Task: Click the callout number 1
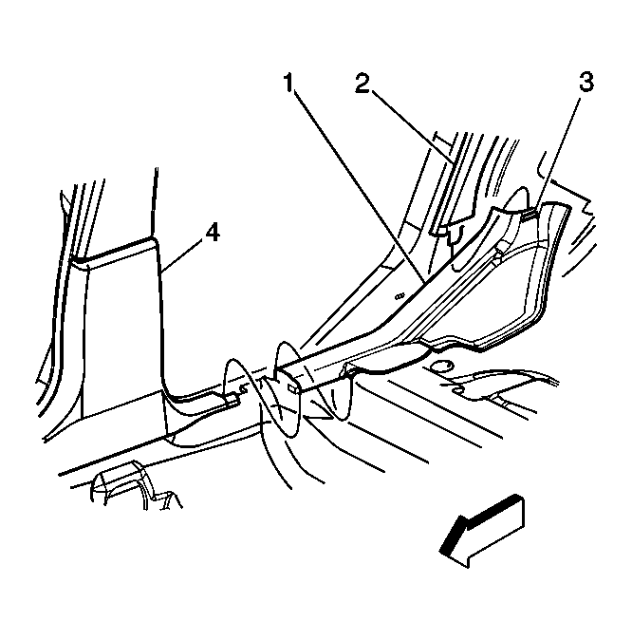288,83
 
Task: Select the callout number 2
362,83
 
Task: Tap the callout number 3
586,82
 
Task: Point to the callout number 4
213,233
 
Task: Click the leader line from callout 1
359,186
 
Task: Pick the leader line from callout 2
412,127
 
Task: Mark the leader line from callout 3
557,153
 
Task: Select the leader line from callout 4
181,255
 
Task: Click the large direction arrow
481,531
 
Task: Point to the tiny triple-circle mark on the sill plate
400,295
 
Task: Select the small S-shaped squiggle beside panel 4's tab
243,389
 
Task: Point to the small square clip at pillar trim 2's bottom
440,233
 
